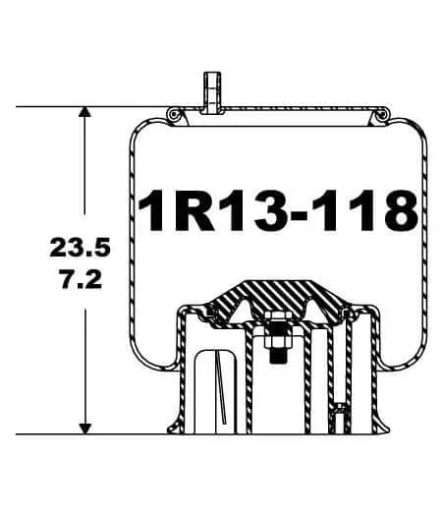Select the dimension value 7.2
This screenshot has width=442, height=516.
tap(79, 279)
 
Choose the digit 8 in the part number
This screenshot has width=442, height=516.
tap(398, 209)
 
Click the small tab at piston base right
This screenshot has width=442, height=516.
tap(340, 418)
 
